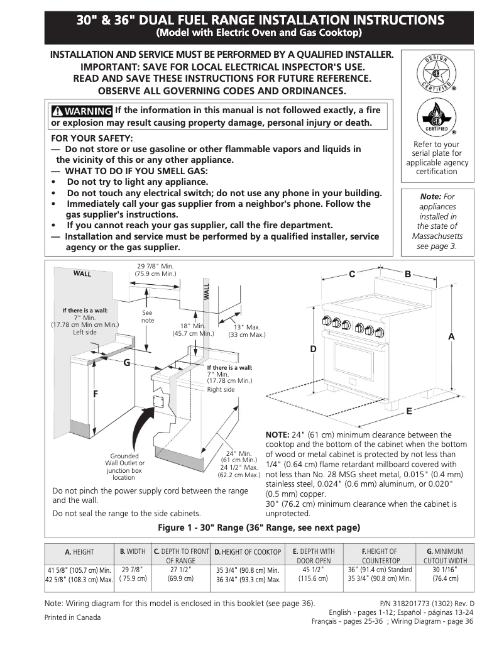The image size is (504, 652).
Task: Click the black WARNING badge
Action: coord(82,111)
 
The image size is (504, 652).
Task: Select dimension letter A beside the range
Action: coord(451,337)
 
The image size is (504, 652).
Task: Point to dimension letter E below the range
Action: coord(408,411)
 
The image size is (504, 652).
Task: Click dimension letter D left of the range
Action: coord(313,348)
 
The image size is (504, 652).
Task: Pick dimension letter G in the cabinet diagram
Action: coord(126,363)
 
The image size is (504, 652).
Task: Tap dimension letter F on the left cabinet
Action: coord(96,394)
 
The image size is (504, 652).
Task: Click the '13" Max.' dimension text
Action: coord(246,331)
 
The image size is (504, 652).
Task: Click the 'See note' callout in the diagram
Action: coord(148,316)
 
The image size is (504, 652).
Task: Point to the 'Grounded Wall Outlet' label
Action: coord(124,466)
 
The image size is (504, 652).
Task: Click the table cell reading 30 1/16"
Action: coord(445,570)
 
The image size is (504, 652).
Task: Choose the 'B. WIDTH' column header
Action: coord(133,551)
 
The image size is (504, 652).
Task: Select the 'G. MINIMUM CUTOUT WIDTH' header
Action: coord(445,556)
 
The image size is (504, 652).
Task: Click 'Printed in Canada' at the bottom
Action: coord(72,617)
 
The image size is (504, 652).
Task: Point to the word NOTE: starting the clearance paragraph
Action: coord(277,434)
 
